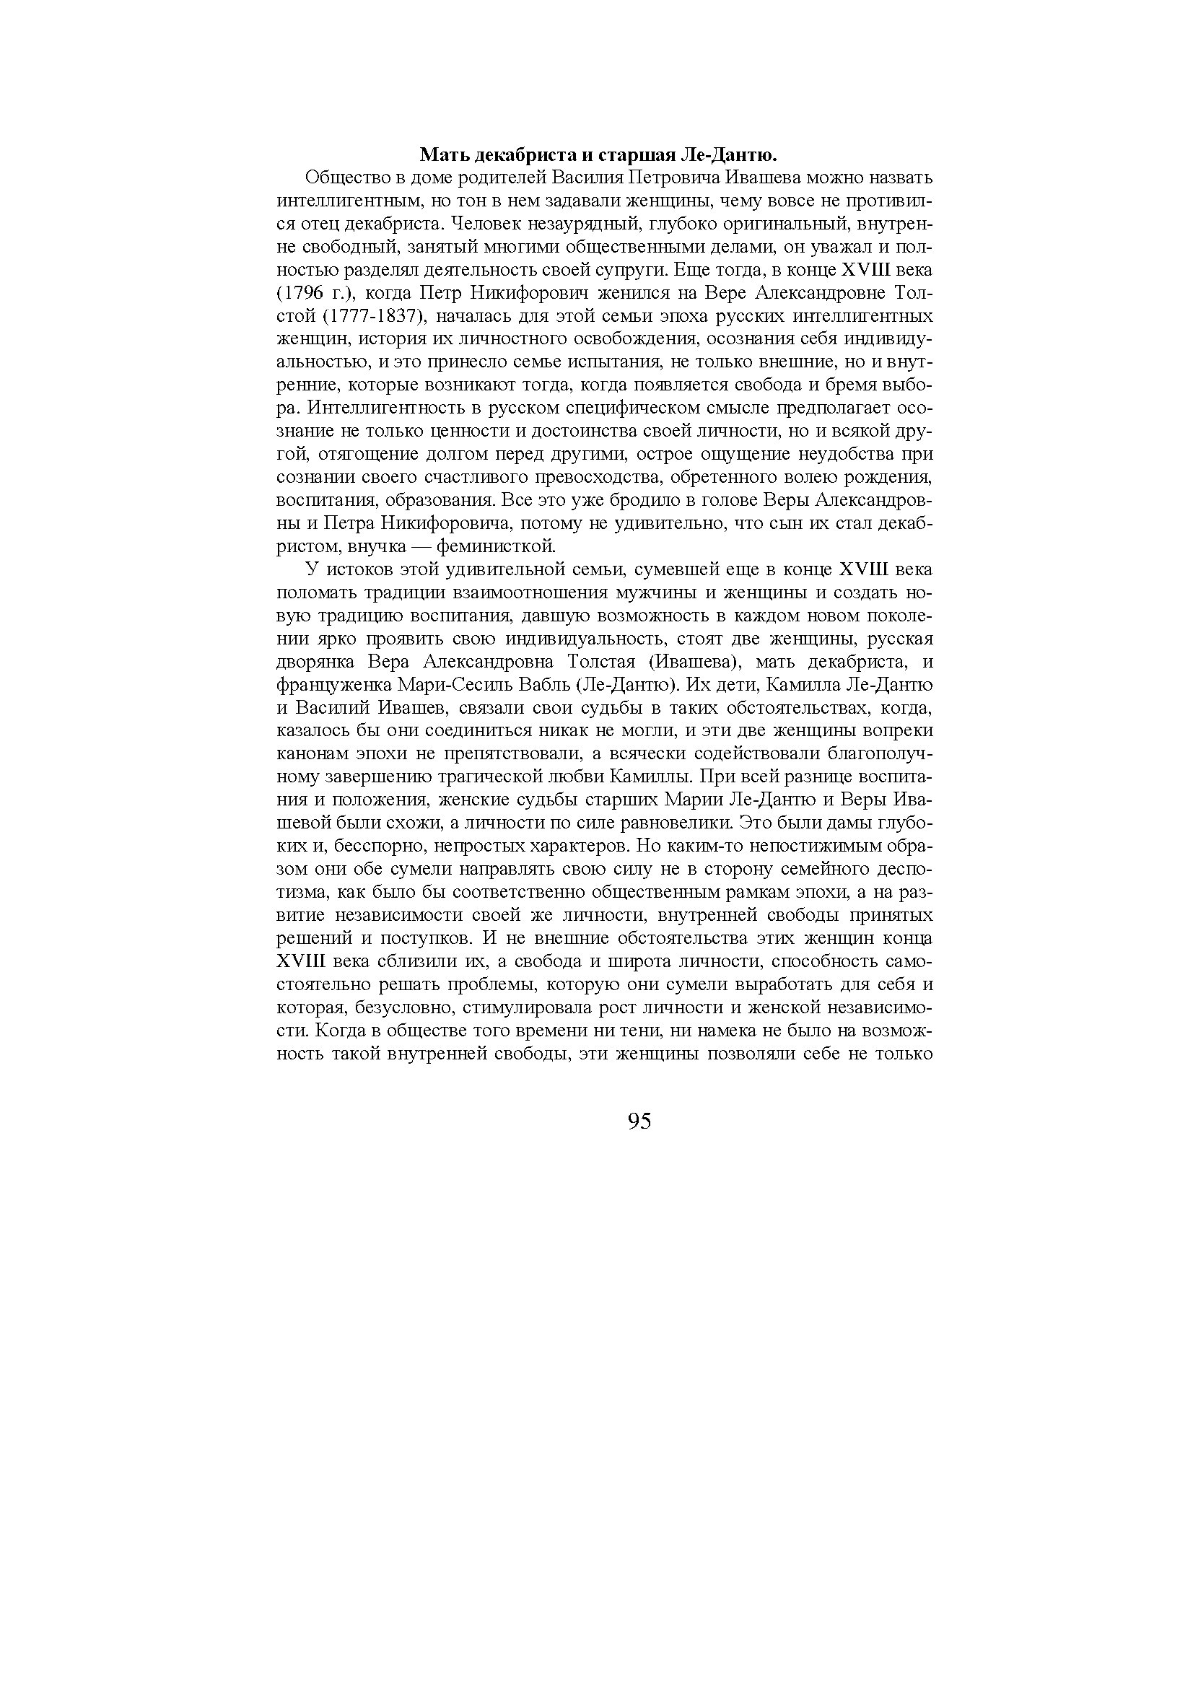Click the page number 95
tap(639, 1121)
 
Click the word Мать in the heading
tap(442, 155)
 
